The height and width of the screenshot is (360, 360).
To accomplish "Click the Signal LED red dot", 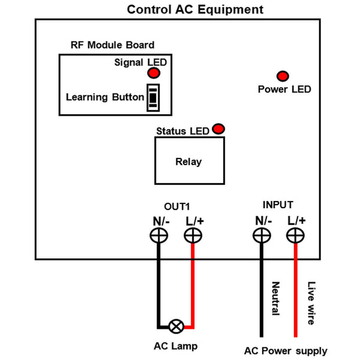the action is point(154,73).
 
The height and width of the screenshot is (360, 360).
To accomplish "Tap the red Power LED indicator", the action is point(283,76).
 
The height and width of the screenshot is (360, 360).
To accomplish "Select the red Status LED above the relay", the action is point(218,129).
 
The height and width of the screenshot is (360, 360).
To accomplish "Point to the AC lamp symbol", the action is point(176,326).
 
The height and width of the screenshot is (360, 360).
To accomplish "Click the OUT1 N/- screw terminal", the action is point(159,236).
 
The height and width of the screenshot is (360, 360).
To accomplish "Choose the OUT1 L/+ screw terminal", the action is point(193,236).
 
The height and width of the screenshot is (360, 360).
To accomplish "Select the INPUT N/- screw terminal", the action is point(262,236).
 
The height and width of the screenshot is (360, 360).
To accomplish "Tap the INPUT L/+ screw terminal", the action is point(295,236).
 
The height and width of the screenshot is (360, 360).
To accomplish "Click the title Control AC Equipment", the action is point(195,10).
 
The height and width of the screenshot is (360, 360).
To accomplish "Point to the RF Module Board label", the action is point(113,45).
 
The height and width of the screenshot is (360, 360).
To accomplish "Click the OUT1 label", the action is point(177,206).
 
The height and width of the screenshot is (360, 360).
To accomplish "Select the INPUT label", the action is point(278,205).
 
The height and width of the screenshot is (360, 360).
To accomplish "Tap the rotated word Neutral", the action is point(275,298).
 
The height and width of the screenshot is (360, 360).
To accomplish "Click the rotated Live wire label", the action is point(311,303).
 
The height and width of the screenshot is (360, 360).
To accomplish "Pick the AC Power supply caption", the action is point(286,351).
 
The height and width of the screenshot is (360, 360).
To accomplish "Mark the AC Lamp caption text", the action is point(176,346).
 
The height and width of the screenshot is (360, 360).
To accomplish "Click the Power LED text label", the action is point(284,89).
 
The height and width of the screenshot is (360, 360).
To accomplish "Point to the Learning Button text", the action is point(105,97).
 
